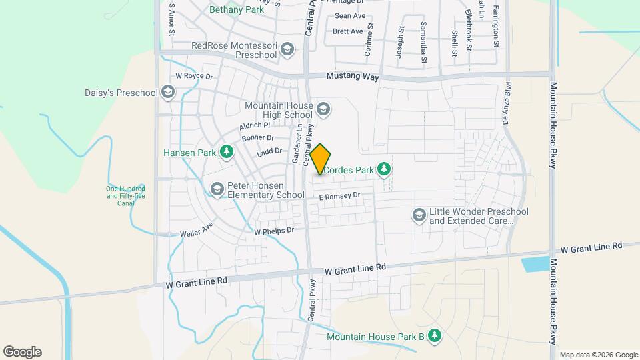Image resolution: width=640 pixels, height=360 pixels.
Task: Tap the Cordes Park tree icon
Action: pyautogui.click(x=383, y=170)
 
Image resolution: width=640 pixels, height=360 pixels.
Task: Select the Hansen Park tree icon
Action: pyautogui.click(x=227, y=153)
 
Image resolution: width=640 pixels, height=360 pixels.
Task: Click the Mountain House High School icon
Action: pyautogui.click(x=323, y=109)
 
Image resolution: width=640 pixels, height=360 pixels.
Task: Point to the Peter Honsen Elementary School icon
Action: pyautogui.click(x=217, y=190)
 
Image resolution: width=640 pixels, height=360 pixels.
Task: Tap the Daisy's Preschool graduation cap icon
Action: pyautogui.click(x=168, y=93)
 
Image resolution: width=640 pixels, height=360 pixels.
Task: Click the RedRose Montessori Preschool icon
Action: pyautogui.click(x=287, y=49)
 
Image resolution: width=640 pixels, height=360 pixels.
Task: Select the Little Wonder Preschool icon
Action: pyautogui.click(x=419, y=215)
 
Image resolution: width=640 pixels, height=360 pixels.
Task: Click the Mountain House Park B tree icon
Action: pyautogui.click(x=435, y=336)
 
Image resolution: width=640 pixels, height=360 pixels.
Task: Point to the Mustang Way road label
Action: pyautogui.click(x=353, y=77)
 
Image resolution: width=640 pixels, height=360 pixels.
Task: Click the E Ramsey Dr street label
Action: pyautogui.click(x=339, y=196)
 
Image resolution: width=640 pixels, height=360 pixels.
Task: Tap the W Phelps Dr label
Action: pyautogui.click(x=274, y=231)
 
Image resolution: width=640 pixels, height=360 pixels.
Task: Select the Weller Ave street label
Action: pyautogui.click(x=196, y=233)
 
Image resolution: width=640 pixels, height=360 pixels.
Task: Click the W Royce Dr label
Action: pyautogui.click(x=193, y=77)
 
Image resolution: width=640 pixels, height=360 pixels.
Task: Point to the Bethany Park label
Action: pyautogui.click(x=237, y=10)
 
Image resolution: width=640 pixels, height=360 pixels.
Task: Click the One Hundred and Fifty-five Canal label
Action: pyautogui.click(x=125, y=195)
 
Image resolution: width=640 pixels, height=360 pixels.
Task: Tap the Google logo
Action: pyautogui.click(x=22, y=352)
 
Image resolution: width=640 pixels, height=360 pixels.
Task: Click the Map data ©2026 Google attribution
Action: pyautogui.click(x=598, y=355)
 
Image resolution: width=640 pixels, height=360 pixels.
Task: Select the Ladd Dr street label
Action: pyautogui.click(x=269, y=152)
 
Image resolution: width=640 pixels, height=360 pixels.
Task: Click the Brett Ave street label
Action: pyautogui.click(x=347, y=31)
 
